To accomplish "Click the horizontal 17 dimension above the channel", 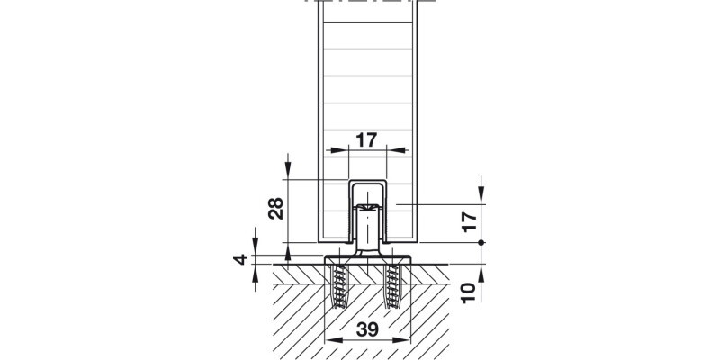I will point(366,140).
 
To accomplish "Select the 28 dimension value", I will point(276,209).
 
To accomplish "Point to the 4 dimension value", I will point(238,261).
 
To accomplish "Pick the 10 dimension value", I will point(466,291).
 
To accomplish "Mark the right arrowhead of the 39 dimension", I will point(404,341).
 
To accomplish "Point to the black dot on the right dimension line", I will point(482,243).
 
